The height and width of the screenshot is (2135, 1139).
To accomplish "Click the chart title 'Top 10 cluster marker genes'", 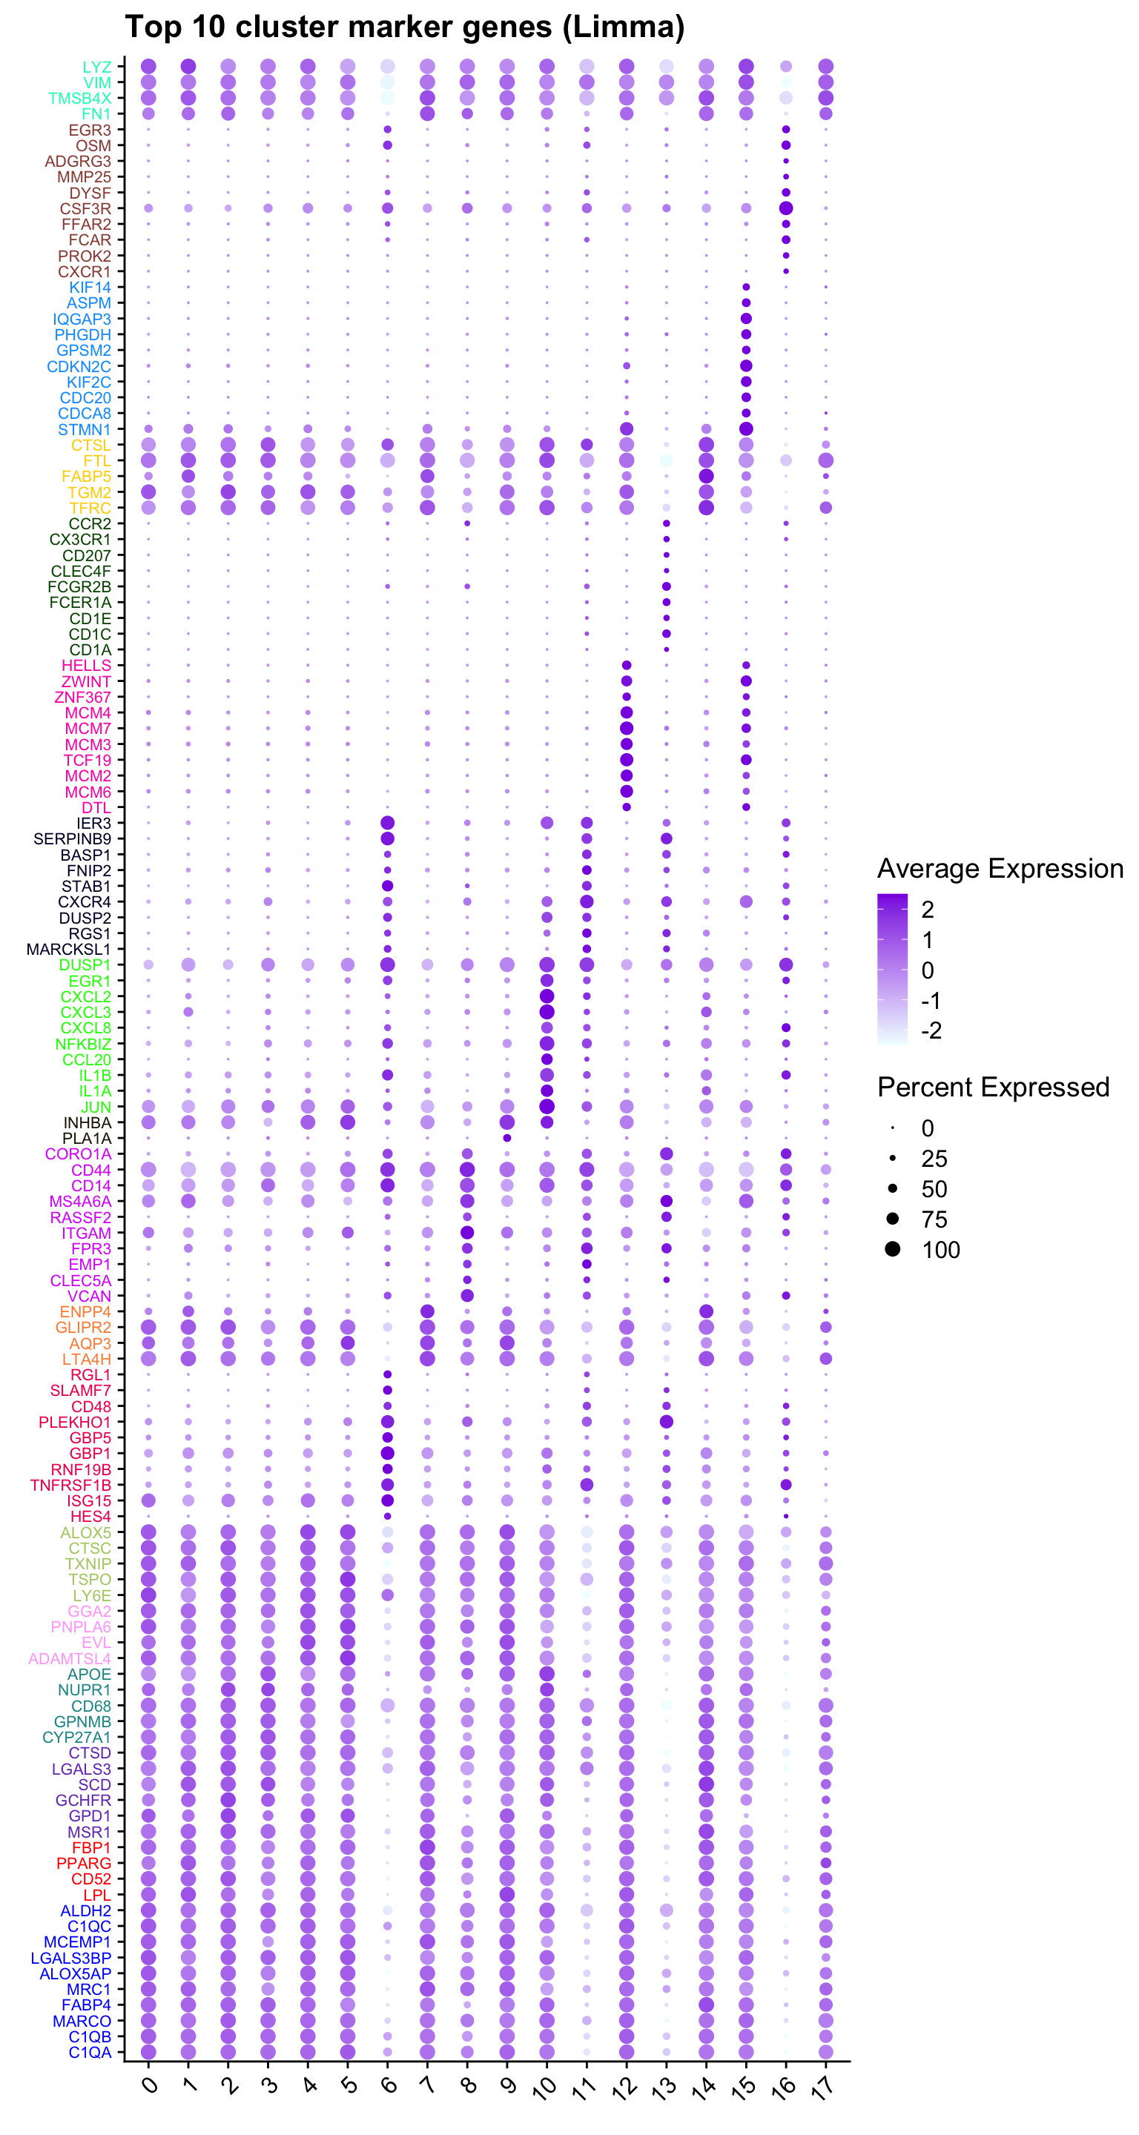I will tap(405, 27).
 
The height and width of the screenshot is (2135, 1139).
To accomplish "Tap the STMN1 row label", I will tap(84, 429).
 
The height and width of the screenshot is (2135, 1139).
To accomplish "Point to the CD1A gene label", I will tap(90, 650).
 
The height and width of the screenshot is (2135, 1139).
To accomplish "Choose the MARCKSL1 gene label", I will tap(68, 949).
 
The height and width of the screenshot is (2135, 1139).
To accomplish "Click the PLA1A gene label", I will tap(86, 1138).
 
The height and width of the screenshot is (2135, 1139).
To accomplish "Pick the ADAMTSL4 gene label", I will tap(70, 1658).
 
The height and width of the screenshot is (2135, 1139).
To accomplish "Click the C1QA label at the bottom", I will tap(90, 2052).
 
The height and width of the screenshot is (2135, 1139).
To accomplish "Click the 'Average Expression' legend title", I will tap(1000, 869).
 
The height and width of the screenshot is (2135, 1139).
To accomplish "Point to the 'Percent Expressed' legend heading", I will tap(993, 1088).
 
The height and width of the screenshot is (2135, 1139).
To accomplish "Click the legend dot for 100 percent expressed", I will tap(892, 1249).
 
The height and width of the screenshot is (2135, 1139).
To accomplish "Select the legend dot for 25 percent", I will tap(892, 1158).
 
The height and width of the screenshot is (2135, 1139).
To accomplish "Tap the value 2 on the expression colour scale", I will tap(928, 910).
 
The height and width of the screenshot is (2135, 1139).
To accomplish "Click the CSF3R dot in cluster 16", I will tap(786, 208).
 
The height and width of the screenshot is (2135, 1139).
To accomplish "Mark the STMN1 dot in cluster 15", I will tap(746, 428).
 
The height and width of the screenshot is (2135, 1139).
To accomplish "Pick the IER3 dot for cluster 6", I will tap(387, 823).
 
